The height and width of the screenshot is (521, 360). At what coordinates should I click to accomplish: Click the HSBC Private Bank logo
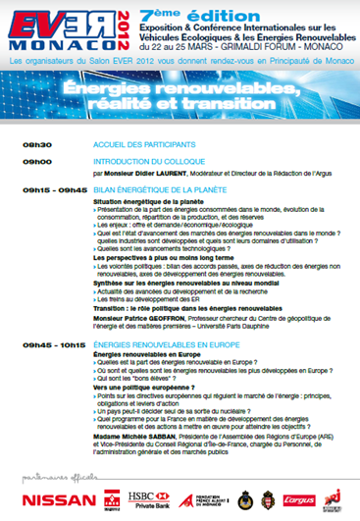[143, 499]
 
